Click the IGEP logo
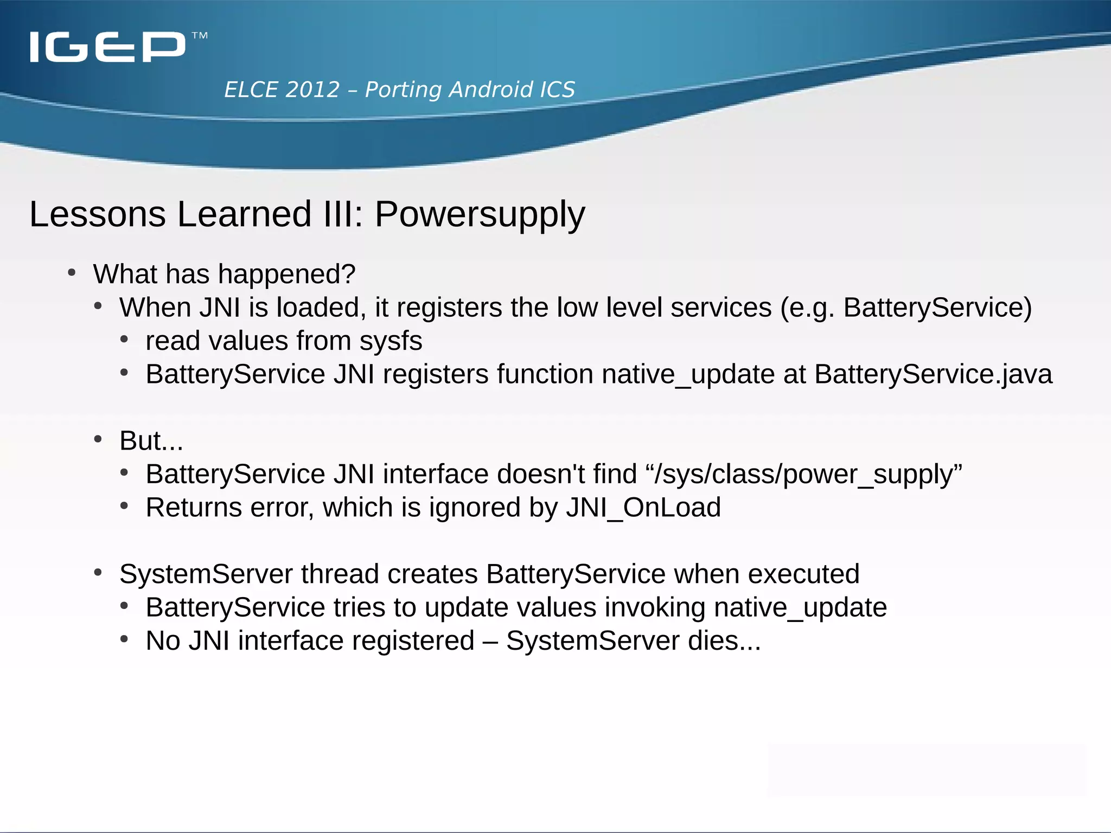pyautogui.click(x=107, y=47)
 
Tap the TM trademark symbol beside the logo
pyautogui.click(x=200, y=36)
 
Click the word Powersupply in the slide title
pyautogui.click(x=480, y=214)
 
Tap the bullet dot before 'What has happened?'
pyautogui.click(x=72, y=272)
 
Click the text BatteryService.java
pyautogui.click(x=933, y=374)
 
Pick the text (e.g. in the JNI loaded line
pyautogui.click(x=807, y=308)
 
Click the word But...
pyautogui.click(x=140, y=440)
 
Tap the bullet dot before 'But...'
pyautogui.click(x=98, y=439)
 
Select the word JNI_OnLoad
pyautogui.click(x=643, y=508)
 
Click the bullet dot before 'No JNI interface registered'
pyautogui.click(x=124, y=639)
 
